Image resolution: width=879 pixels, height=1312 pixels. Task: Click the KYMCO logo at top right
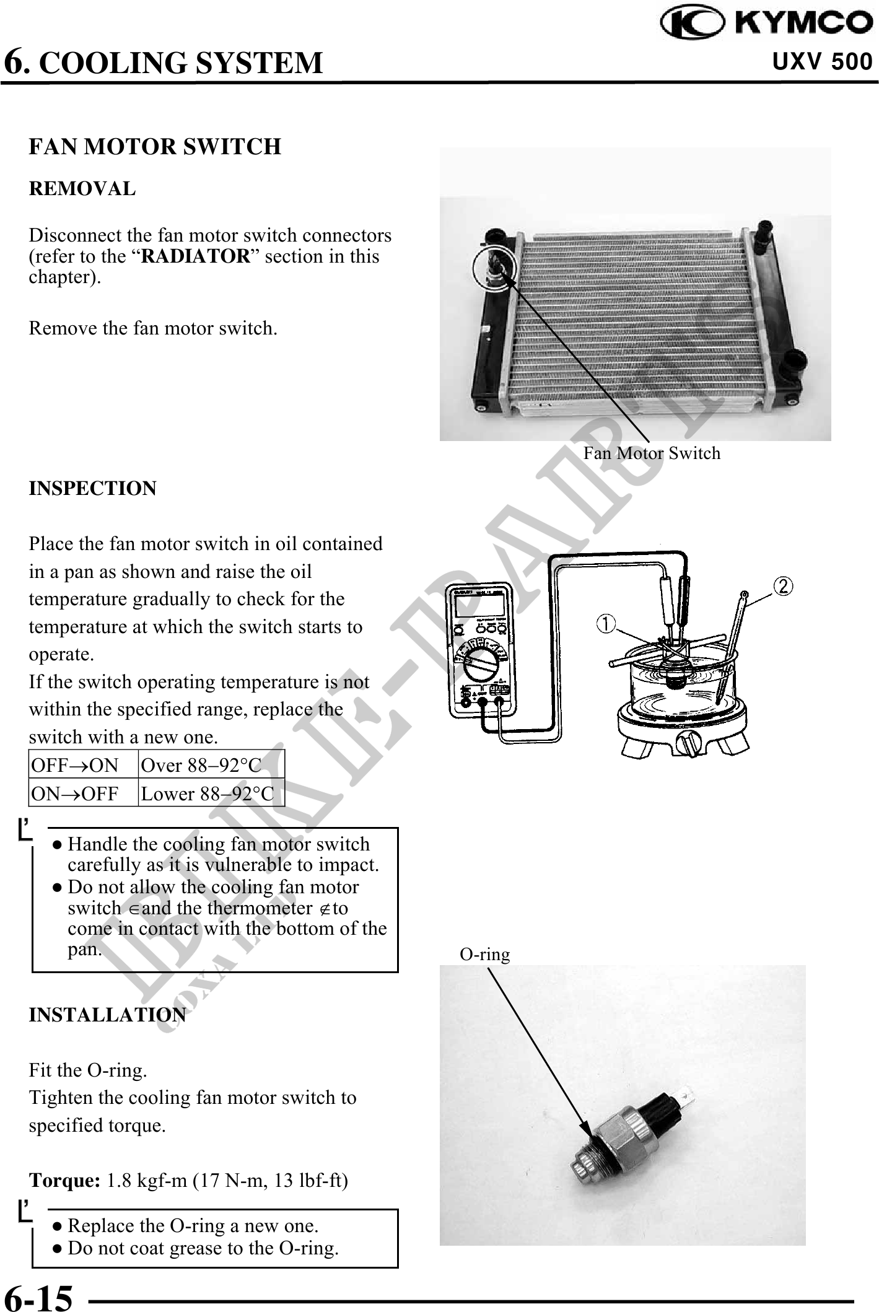tap(767, 24)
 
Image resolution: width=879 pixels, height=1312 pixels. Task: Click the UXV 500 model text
tap(822, 62)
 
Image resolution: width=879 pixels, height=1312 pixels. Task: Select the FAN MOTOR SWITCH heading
tap(155, 147)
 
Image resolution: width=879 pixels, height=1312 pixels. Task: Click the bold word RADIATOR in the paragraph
tap(195, 256)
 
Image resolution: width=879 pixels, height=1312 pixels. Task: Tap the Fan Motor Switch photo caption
tap(652, 453)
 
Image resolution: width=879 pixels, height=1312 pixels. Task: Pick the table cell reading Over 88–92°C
tap(201, 766)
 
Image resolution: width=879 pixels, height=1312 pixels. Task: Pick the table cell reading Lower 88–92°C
tap(207, 794)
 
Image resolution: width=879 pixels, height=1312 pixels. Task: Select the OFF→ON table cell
tap(75, 766)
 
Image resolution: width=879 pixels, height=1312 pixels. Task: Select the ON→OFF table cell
tap(75, 794)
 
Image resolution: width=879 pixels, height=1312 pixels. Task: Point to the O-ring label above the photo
tap(484, 955)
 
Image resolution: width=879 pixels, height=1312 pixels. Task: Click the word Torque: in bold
tap(65, 1181)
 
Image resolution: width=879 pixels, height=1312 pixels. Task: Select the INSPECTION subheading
tap(93, 488)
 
